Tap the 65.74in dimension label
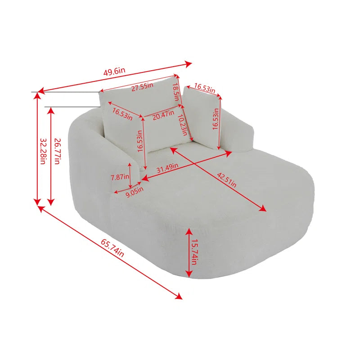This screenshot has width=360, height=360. [x=112, y=248]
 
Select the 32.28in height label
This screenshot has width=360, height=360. [x=43, y=151]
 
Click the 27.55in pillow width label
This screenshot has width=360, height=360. [x=142, y=87]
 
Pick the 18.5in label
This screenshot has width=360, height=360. [x=175, y=92]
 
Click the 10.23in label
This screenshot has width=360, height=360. [x=183, y=125]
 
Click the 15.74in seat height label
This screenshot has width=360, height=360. [x=194, y=252]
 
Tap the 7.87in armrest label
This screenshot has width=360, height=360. [x=120, y=177]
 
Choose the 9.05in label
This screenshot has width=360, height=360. [x=135, y=192]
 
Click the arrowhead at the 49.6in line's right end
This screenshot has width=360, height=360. [x=188, y=64]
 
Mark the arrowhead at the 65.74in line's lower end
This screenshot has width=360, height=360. [x=178, y=296]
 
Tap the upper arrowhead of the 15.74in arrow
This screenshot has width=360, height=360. [x=189, y=232]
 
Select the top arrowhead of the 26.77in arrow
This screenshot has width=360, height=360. [x=51, y=111]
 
